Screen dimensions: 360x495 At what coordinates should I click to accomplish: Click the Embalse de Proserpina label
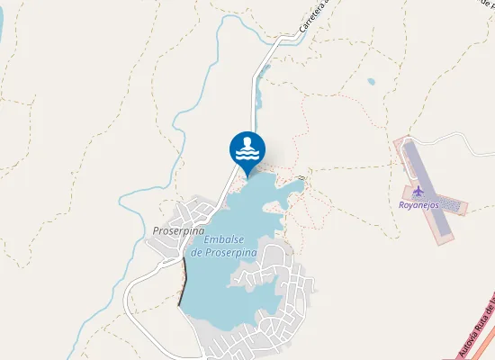pyautogui.click(x=225, y=247)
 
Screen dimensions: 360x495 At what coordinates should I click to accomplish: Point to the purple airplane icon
pyautogui.click(x=418, y=192)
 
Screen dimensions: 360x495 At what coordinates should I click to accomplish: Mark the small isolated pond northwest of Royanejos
pyautogui.click(x=371, y=82)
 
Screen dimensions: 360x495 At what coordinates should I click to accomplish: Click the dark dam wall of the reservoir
pyautogui.click(x=184, y=288)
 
